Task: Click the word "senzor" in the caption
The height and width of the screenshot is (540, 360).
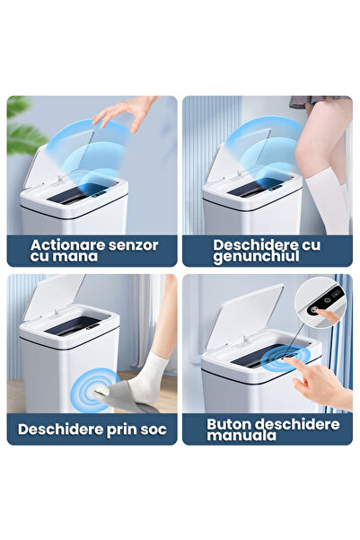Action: pos(128,244)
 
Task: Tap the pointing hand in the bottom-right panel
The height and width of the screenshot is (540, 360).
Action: pos(319,383)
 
